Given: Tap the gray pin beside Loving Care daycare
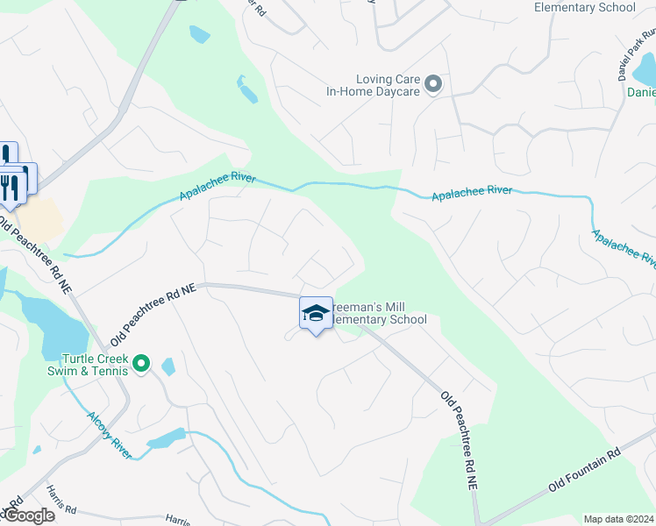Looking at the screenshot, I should pos(432,84).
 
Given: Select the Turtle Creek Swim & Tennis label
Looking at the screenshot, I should pos(95,365).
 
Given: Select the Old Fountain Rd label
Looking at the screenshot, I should pos(584,469).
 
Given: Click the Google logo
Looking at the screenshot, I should pos(28,515).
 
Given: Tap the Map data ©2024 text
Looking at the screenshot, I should pos(617,519).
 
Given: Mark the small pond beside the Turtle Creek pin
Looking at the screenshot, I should pos(168,366).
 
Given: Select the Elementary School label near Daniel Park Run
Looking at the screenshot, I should pos(585,7).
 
